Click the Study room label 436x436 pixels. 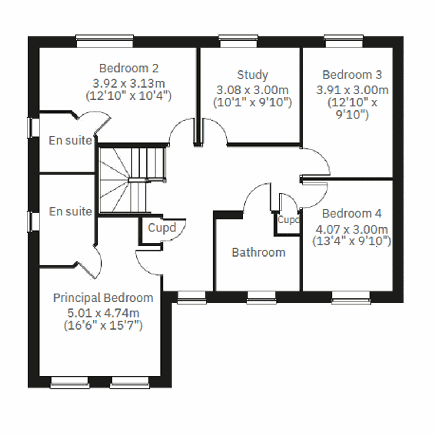253,75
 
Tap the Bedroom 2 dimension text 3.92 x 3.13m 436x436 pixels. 129,83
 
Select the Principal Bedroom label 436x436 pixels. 103,298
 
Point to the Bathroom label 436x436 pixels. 258,252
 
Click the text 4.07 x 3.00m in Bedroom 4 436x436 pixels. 352,230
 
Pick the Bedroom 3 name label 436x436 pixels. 352,75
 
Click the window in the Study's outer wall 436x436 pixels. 238,41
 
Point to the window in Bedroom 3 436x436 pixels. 344,41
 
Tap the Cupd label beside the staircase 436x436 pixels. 162,228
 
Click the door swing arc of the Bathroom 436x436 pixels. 256,196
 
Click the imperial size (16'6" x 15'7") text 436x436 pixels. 103,326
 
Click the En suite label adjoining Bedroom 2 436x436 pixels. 70,140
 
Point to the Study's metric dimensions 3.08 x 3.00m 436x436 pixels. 253,90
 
